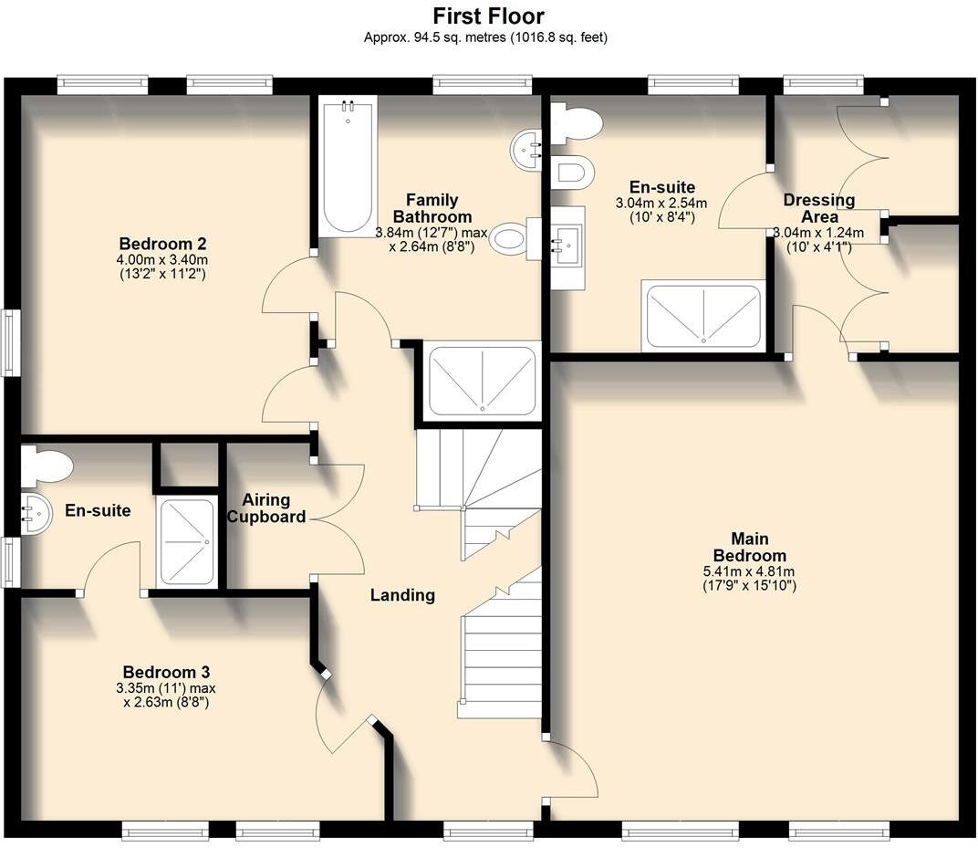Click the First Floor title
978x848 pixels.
(488, 16)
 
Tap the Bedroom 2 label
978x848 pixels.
(162, 244)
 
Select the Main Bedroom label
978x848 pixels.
(750, 547)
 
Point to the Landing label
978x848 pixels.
(402, 595)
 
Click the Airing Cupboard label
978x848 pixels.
(266, 508)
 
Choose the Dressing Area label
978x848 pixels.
(819, 208)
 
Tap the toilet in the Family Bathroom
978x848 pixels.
(515, 239)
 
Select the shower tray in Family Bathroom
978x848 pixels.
(482, 381)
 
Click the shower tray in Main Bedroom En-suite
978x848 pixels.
(703, 316)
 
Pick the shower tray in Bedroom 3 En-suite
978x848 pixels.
(187, 541)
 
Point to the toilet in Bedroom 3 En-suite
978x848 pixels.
(47, 466)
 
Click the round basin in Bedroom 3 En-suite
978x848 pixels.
(36, 514)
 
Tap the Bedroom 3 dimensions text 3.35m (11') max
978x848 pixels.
(166, 688)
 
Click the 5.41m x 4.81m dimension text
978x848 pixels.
(749, 571)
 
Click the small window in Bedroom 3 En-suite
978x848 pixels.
(10, 561)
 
